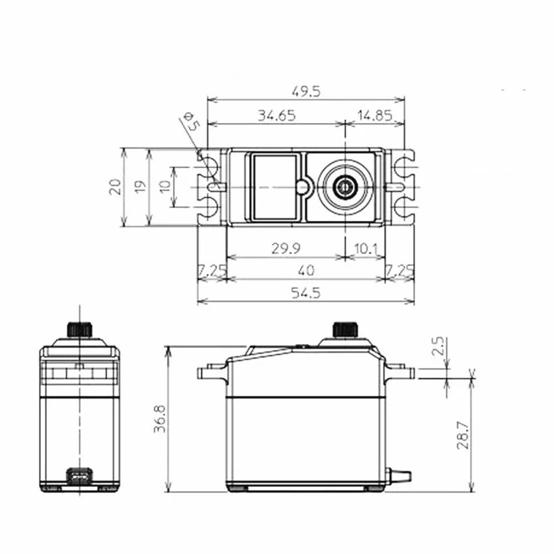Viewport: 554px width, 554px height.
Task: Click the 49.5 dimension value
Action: pyautogui.click(x=306, y=91)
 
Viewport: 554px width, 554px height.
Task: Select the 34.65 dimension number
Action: pyautogui.click(x=276, y=115)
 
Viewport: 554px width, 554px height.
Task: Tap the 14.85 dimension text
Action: pyautogui.click(x=374, y=115)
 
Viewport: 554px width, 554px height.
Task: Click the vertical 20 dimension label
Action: pyautogui.click(x=115, y=187)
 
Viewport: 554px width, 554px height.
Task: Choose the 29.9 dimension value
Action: pyautogui.click(x=285, y=249)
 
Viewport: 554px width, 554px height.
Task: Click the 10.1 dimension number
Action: pyautogui.click(x=365, y=249)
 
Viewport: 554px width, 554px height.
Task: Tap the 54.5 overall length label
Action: pyautogui.click(x=306, y=293)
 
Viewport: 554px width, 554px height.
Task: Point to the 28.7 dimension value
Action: pyautogui.click(x=461, y=434)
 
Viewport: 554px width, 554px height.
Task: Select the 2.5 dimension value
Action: pyautogui.click(x=438, y=345)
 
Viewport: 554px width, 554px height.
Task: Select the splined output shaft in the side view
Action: pyautogui.click(x=343, y=328)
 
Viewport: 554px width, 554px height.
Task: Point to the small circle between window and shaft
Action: pyautogui.click(x=302, y=187)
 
